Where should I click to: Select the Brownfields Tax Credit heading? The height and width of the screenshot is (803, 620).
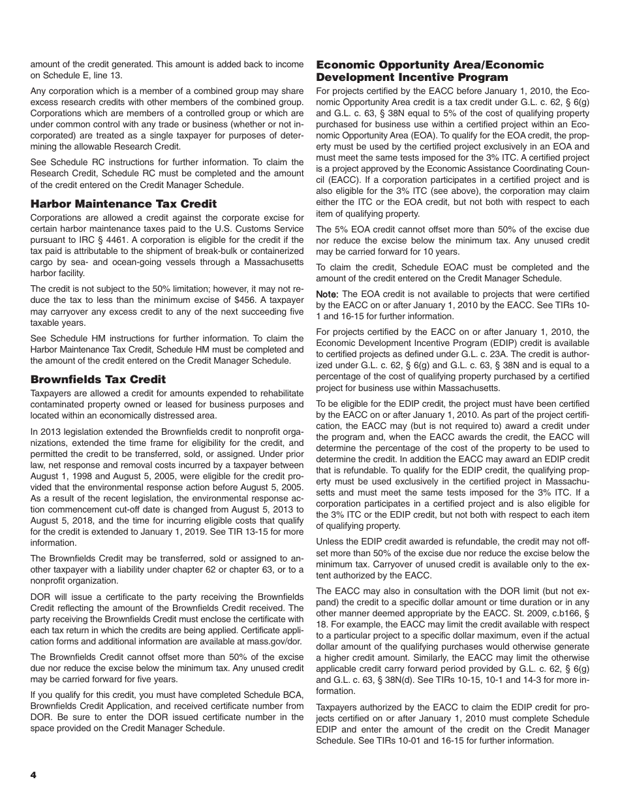[x=98, y=379]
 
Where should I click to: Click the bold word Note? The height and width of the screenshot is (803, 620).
[x=328, y=294]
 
